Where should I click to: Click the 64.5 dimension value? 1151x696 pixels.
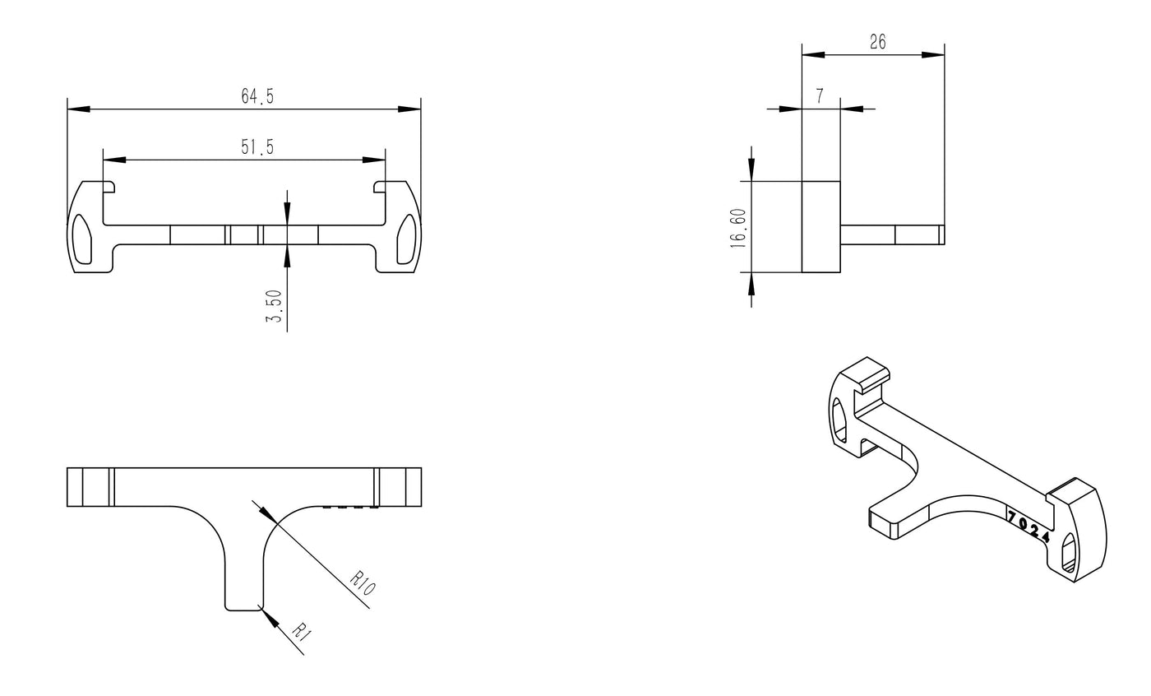point(257,96)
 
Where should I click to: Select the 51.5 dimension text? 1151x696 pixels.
point(257,147)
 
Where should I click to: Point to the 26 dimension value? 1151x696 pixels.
point(878,42)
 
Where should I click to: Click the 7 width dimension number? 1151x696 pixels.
point(820,96)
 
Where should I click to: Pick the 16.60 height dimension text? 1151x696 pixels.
point(738,228)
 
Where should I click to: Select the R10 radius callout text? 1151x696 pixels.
point(363,583)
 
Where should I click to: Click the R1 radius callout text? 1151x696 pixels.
point(302,632)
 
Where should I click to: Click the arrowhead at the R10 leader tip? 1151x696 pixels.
point(266,513)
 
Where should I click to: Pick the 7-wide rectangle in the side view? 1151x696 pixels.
point(821,226)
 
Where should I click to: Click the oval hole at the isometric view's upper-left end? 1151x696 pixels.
point(839,419)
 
